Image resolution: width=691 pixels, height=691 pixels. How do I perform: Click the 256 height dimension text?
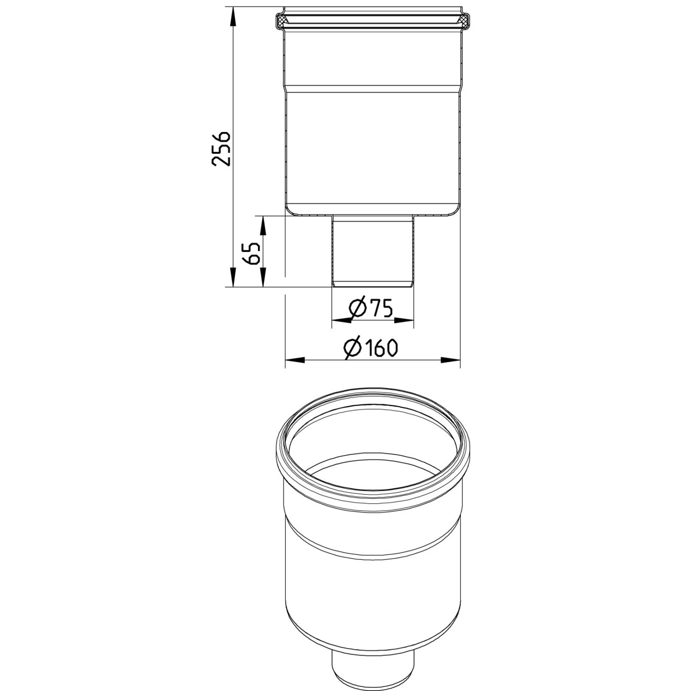point(222,149)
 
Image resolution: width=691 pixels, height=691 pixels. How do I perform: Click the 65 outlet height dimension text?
point(251,252)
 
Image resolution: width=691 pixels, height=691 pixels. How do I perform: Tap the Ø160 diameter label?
point(371,348)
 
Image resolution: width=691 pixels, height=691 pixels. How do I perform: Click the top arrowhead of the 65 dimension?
point(263,226)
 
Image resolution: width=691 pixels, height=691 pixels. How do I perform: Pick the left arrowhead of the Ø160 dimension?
point(295,360)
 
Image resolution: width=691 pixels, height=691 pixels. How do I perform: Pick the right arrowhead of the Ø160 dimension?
point(450,360)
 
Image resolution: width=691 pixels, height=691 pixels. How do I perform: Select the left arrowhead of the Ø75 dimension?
point(342,320)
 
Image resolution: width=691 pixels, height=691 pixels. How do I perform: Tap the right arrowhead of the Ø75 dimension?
point(404,320)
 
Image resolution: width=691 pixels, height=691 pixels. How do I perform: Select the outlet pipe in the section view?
point(373,250)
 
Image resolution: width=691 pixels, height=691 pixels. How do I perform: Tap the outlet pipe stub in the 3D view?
point(373,668)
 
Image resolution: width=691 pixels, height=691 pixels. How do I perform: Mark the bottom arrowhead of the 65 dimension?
point(263,278)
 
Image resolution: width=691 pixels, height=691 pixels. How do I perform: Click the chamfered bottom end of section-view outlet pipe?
point(373,284)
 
